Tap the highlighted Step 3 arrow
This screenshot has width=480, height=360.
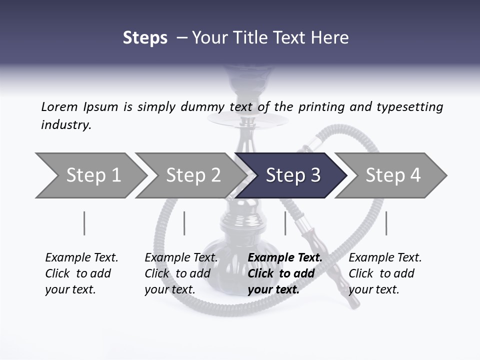(292, 175)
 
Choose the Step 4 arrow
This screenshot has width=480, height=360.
(392, 175)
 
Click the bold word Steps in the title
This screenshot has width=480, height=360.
(145, 38)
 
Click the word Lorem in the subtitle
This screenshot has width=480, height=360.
(59, 106)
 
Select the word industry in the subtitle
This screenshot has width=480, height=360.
(66, 125)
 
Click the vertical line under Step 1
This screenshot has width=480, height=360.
(84, 223)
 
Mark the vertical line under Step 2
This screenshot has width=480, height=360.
(184, 223)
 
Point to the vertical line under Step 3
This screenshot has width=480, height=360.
(285, 223)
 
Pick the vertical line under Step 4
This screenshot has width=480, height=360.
(386, 223)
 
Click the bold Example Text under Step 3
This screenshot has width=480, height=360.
(285, 257)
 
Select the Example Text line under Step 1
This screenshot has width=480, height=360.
(81, 257)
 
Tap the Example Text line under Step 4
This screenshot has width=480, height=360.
(385, 257)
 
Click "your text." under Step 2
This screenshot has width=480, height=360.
(169, 289)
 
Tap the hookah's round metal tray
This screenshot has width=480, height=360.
(248, 120)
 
